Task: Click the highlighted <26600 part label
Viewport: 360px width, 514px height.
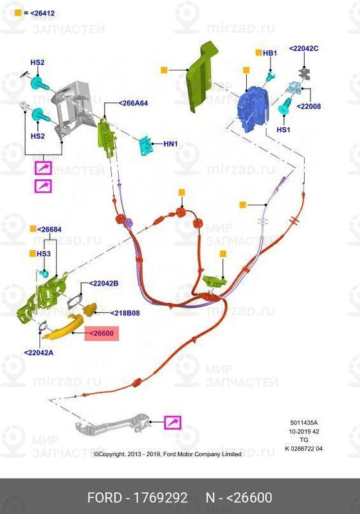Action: [102, 333]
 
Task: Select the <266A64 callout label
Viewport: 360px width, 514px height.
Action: [133, 103]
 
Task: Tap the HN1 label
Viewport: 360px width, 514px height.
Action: [170, 143]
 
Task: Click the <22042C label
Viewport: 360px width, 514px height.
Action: [303, 48]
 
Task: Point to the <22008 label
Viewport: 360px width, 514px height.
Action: [309, 106]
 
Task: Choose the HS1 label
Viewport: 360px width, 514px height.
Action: [283, 130]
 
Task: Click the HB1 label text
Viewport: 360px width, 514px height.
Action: [270, 53]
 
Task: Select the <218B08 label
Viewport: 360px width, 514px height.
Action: [125, 313]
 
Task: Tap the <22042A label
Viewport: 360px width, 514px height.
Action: [39, 353]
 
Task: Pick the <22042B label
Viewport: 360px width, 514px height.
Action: [104, 283]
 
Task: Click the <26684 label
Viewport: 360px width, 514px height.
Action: [50, 229]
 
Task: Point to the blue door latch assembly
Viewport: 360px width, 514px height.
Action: [253, 108]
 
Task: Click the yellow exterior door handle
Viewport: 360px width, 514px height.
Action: [63, 327]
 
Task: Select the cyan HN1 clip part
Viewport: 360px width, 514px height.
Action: [145, 146]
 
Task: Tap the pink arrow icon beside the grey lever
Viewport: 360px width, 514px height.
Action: [172, 423]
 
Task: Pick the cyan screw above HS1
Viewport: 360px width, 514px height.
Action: [284, 106]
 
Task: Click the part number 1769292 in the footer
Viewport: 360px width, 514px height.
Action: [160, 497]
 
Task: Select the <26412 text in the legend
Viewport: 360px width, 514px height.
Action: [42, 13]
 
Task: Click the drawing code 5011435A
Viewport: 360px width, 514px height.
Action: [303, 423]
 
